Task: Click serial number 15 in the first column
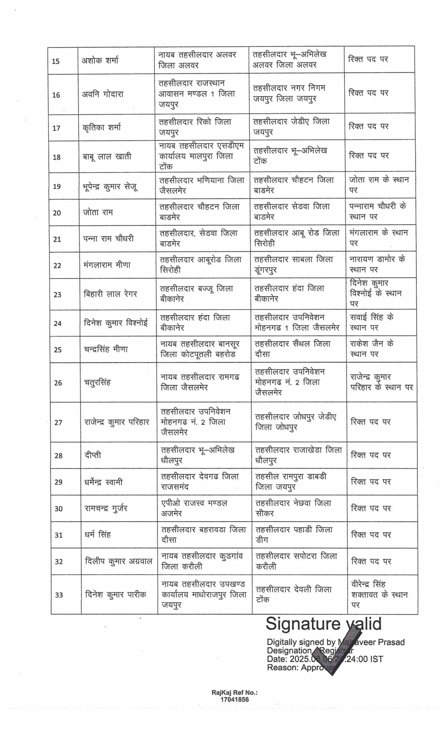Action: pyautogui.click(x=56, y=61)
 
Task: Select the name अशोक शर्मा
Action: pyautogui.click(x=100, y=61)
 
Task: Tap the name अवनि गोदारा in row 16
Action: pyautogui.click(x=102, y=94)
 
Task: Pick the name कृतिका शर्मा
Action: pyautogui.click(x=102, y=127)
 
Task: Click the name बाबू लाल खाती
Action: pyautogui.click(x=107, y=156)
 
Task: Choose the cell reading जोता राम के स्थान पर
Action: pyautogui.click(x=379, y=185)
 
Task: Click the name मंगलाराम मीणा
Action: pyautogui.click(x=107, y=265)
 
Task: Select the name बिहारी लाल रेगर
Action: pyautogui.click(x=110, y=294)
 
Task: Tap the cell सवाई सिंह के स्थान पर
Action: pyautogui.click(x=371, y=322)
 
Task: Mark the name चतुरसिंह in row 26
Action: pyautogui.click(x=97, y=382)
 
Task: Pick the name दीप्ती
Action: pyautogui.click(x=93, y=455)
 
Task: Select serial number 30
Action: pyautogui.click(x=59, y=508)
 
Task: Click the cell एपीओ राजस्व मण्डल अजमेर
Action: pyautogui.click(x=194, y=508)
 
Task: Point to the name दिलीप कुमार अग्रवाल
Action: pyautogui.click(x=118, y=561)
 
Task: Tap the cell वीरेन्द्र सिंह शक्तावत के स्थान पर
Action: pyautogui.click(x=379, y=595)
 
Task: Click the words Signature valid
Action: pyautogui.click(x=323, y=624)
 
